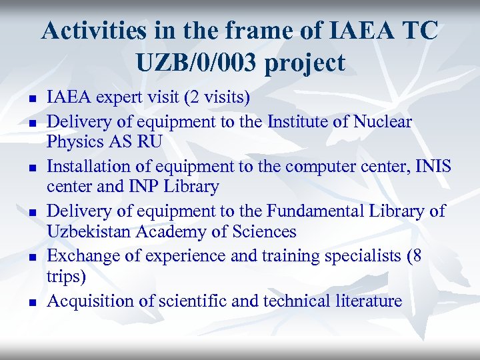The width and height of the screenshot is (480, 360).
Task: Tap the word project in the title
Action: tap(305, 64)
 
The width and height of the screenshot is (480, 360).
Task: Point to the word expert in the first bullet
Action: tap(119, 99)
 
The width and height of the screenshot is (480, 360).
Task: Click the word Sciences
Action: tap(263, 231)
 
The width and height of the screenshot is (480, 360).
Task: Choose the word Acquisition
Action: tap(91, 301)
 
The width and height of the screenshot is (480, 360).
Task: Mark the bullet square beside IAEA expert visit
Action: tap(32, 100)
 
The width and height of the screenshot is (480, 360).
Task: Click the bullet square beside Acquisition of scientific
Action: tap(32, 302)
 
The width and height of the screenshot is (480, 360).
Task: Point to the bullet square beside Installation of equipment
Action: tap(32, 168)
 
